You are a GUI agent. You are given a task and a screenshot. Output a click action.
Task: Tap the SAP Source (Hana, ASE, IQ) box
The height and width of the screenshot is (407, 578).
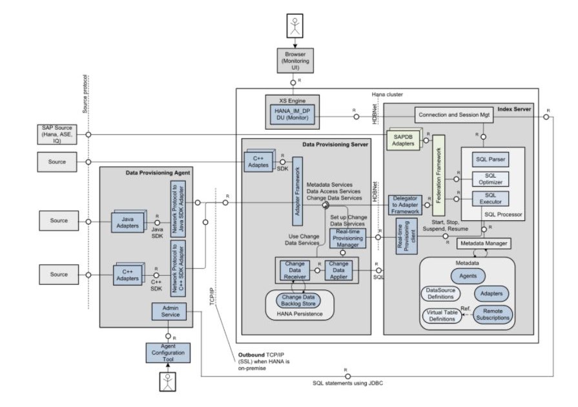pyautogui.click(x=56, y=134)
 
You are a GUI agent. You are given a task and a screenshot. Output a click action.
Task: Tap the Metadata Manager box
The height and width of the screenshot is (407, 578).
pyautogui.click(x=483, y=244)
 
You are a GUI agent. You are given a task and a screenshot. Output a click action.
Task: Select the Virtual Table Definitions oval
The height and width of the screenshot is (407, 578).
pyautogui.click(x=444, y=315)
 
